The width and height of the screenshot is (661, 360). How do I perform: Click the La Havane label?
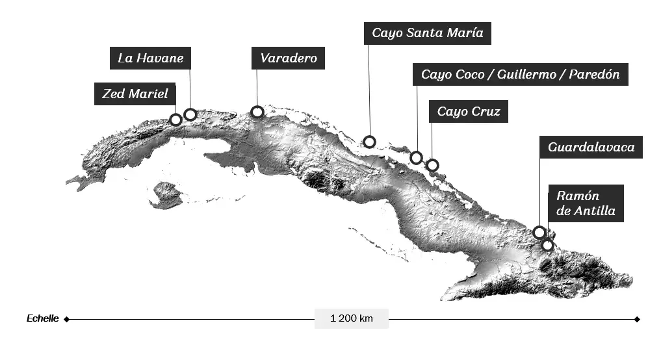coord(150,58)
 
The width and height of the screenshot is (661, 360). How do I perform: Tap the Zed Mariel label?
coord(135,94)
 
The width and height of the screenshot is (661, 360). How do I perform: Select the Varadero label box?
coord(288,58)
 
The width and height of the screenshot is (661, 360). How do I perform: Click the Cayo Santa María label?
coord(427,33)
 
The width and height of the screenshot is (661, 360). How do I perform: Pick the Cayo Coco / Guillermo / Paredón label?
coord(520,75)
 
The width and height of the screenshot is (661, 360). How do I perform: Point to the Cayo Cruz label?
coord(468,112)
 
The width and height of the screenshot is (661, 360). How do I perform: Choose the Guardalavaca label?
coord(591,147)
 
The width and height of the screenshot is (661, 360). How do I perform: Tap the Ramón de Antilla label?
coord(586,203)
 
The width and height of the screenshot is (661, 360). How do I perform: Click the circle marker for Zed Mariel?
coord(175,120)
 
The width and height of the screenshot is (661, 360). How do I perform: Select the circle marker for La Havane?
coord(190,114)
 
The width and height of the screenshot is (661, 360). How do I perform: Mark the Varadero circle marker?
coord(257,112)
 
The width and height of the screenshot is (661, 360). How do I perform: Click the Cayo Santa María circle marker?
coord(369,142)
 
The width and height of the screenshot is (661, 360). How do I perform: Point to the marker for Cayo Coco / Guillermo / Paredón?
coord(417,157)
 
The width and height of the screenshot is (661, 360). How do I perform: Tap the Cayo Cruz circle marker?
coord(432,165)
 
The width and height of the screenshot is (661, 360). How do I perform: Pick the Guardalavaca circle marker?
coord(539,232)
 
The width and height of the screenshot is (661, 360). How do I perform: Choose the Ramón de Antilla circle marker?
coord(548,245)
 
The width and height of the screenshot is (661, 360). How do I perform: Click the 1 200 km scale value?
coord(351,318)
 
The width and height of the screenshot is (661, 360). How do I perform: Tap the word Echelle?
coord(43,318)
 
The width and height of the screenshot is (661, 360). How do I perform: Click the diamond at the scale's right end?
coord(637,319)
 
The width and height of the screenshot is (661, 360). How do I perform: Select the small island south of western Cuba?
coord(166,195)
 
